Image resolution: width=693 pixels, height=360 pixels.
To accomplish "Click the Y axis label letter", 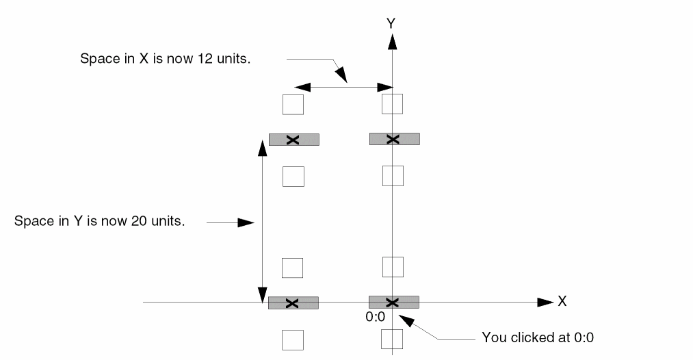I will [391, 23].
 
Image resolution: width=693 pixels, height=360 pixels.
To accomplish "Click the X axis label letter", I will [562, 301].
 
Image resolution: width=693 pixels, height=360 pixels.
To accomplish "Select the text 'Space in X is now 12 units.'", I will [166, 58].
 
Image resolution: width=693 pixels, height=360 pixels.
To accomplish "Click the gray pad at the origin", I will [393, 302].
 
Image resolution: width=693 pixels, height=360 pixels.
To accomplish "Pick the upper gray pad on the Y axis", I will [394, 139].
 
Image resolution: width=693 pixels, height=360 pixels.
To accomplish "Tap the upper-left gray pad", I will [293, 140].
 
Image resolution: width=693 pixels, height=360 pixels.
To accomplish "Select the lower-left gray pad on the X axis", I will [293, 303].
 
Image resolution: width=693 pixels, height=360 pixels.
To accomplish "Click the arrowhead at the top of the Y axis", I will [392, 41].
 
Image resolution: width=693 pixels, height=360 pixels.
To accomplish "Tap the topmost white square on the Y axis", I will [392, 104].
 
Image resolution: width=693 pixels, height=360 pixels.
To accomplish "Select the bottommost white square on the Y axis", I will [392, 339].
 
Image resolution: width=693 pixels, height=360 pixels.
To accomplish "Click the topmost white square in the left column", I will [293, 105].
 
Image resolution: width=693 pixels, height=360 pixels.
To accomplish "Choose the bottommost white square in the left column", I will [293, 339].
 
